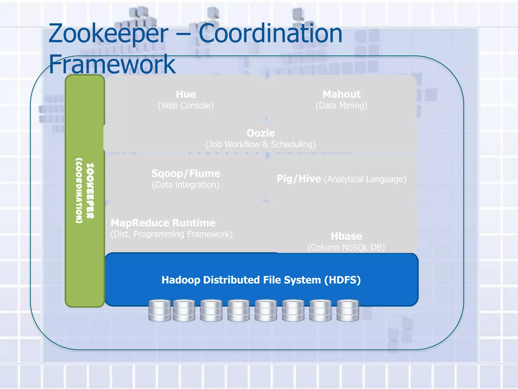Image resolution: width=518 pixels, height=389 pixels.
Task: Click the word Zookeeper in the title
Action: pos(108,33)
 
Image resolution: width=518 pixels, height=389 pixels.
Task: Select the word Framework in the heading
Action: pos(112,64)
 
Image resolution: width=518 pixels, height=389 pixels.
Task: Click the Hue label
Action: pos(186,94)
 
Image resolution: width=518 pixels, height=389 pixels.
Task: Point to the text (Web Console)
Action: pos(186,106)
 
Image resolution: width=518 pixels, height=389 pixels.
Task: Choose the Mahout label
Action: pos(341,94)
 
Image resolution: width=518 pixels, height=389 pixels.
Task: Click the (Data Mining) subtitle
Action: pos(341,106)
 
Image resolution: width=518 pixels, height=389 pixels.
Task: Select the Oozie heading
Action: pos(261,133)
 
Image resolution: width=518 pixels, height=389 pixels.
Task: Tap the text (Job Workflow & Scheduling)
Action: pos(261,144)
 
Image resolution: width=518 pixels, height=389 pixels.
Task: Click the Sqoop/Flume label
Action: pos(186,174)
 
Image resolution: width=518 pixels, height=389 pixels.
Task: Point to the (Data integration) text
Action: pos(186,185)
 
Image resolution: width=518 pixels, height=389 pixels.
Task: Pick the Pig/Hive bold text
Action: pos(298,179)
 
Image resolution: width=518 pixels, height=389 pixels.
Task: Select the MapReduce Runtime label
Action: pos(163,223)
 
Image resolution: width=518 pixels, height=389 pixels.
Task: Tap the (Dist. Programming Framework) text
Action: pos(171,234)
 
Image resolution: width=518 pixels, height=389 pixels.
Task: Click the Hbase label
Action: pos(346,236)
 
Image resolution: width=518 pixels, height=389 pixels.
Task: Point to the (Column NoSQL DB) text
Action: pos(346,247)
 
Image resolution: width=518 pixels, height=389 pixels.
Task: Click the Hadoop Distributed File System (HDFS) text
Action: pos(261,280)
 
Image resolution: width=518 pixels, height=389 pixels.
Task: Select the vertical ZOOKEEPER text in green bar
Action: pos(90,191)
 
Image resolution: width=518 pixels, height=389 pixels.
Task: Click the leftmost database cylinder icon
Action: pos(159,310)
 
